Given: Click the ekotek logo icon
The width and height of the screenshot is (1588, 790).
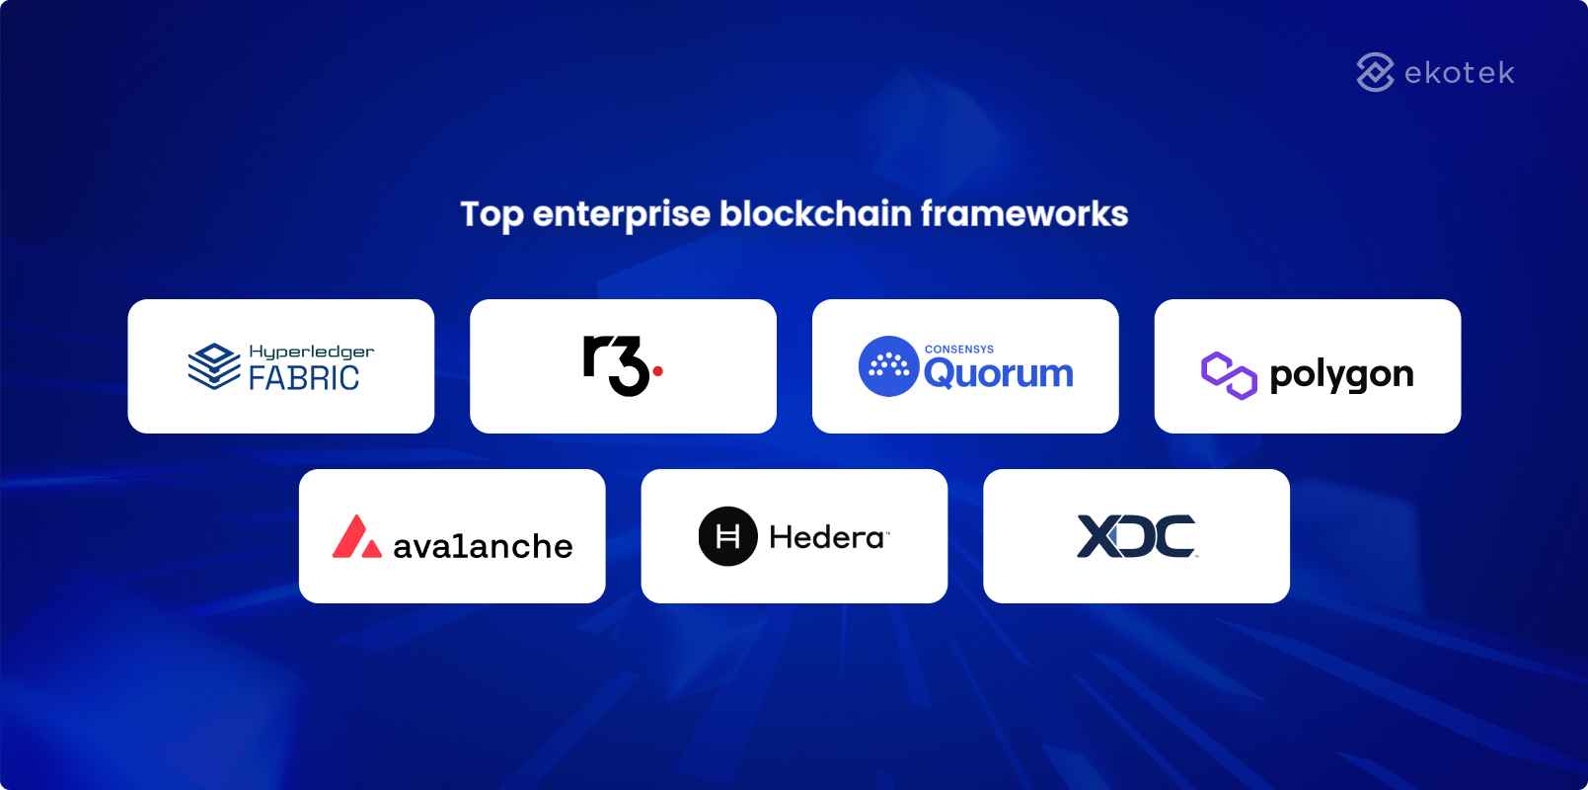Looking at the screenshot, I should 1375,72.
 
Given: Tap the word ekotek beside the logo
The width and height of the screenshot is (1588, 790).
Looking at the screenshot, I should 1459,73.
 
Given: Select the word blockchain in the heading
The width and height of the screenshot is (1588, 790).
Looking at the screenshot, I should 815,213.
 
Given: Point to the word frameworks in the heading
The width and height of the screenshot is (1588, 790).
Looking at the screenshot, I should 1024,213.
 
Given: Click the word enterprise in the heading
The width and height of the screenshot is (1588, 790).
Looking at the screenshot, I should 621,214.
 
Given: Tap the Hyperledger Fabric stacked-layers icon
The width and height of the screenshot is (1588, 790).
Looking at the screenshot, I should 213,366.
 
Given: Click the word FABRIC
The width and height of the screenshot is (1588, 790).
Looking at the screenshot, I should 304,378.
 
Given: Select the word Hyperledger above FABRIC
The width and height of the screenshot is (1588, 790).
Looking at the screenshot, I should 311,352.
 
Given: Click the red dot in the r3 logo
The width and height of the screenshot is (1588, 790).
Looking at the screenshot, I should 658,371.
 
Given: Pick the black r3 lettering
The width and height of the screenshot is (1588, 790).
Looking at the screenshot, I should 615,365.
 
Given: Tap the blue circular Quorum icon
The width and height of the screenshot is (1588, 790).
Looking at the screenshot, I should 888,366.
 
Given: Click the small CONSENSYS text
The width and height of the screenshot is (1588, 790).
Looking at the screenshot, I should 958,349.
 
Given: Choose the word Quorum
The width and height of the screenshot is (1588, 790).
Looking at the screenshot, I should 998,374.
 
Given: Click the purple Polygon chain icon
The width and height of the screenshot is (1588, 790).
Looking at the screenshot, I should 1229,374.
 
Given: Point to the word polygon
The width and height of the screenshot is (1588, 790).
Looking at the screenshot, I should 1341,374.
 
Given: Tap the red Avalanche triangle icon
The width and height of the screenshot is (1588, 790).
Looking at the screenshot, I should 356,537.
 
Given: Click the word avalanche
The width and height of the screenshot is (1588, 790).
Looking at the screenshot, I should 483,546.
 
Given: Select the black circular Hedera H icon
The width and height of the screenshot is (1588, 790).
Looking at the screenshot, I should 727,536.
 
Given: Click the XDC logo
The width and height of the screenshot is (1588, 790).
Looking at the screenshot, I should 1136,536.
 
